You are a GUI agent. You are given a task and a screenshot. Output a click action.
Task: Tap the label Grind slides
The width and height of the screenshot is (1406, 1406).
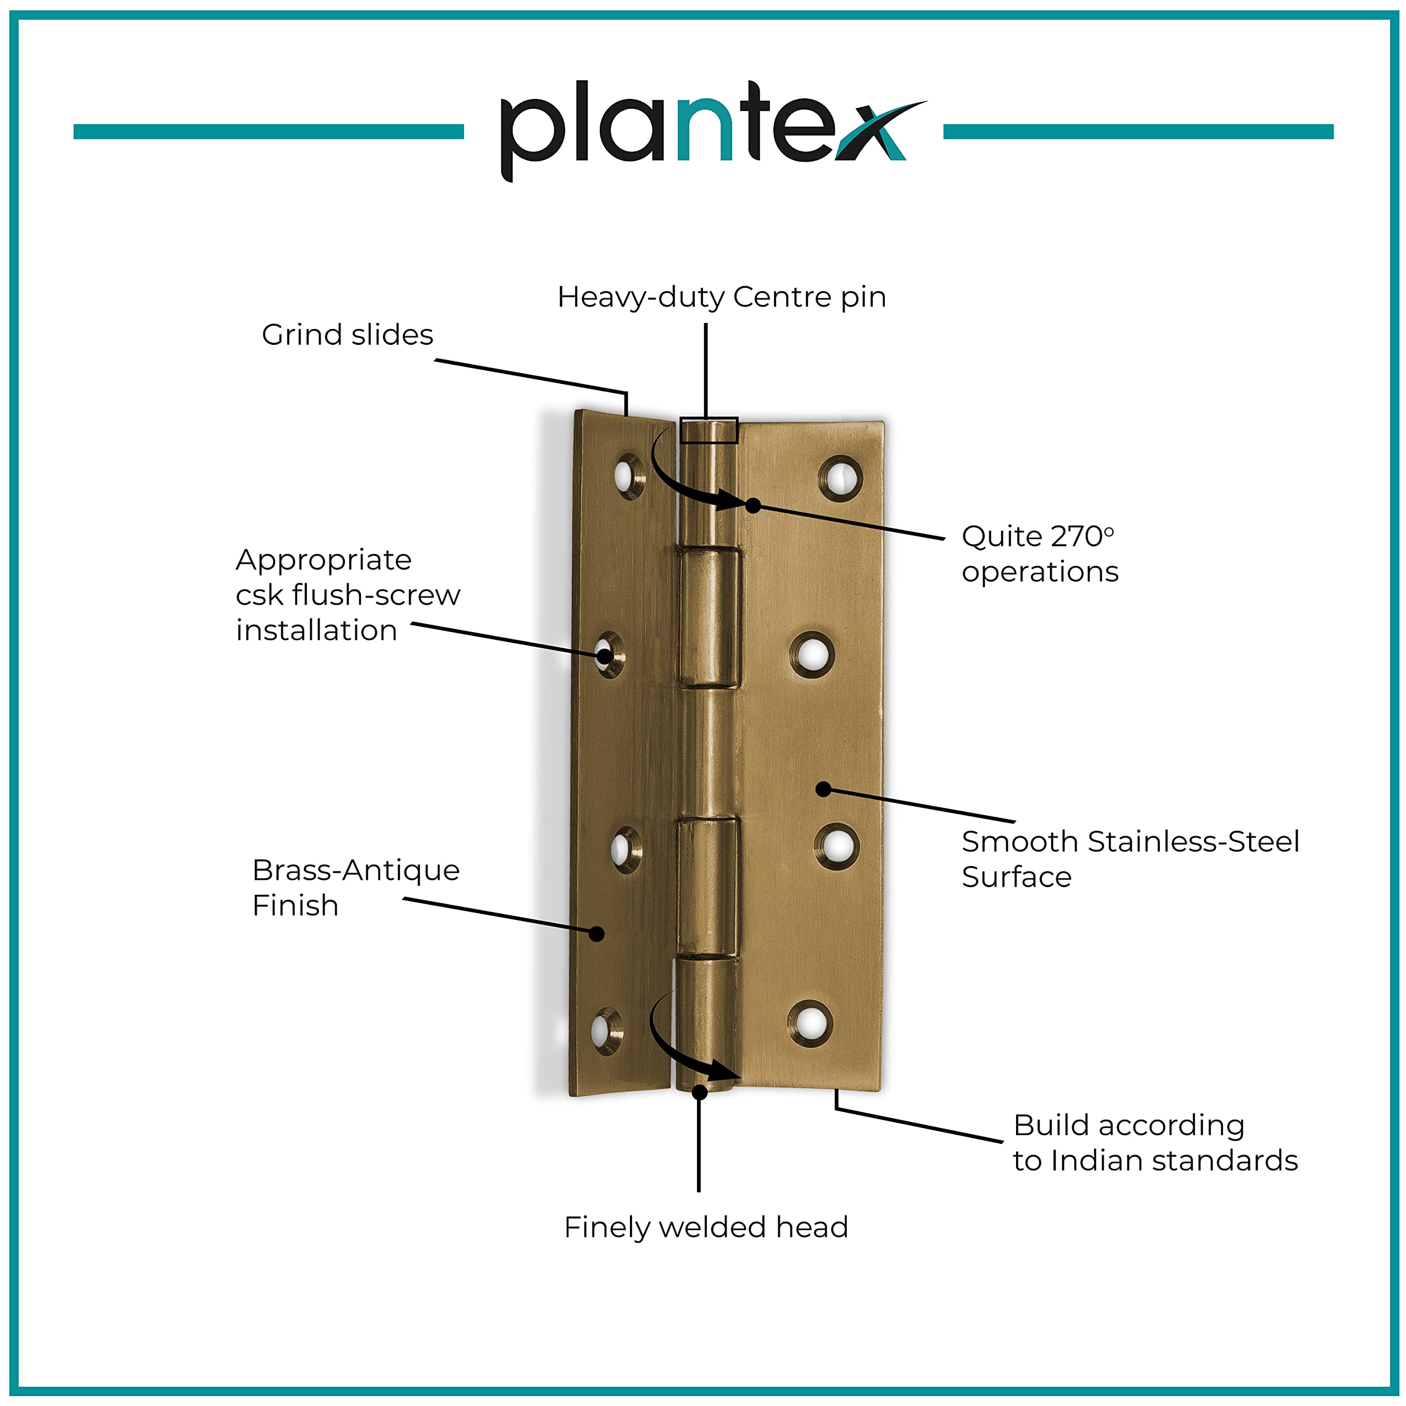[x=347, y=335]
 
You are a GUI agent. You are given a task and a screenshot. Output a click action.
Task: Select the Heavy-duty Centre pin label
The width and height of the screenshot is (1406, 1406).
[x=721, y=297]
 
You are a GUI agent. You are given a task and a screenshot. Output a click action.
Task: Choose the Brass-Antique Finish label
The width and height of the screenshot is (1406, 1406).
[x=355, y=887]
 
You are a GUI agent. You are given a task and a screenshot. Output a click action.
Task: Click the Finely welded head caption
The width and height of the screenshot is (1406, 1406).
[x=706, y=1227]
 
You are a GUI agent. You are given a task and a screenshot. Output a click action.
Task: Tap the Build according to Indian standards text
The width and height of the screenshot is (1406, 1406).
[x=1155, y=1142]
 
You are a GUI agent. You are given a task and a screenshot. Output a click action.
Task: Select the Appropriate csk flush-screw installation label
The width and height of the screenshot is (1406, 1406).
[x=347, y=595]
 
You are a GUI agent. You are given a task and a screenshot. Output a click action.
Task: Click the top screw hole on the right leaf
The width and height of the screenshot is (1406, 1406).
[x=840, y=479]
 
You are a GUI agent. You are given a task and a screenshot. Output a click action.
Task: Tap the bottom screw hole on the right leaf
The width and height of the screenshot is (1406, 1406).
[x=809, y=1023]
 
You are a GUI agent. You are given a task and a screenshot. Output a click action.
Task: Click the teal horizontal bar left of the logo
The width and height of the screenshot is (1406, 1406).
[x=269, y=132]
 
